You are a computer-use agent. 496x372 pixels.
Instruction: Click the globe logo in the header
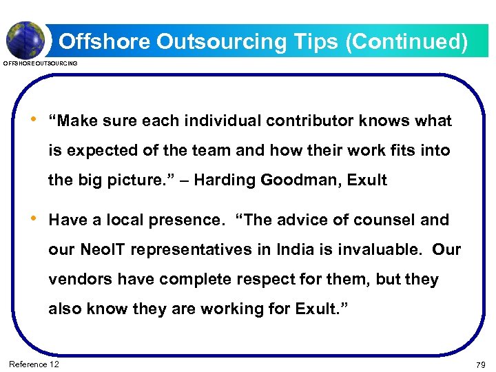tap(26, 39)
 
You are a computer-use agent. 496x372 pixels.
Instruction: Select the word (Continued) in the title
tap(406, 42)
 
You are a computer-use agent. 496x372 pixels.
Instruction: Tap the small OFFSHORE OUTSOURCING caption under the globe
tap(41, 63)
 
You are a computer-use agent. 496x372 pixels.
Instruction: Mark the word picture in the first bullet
tap(135, 180)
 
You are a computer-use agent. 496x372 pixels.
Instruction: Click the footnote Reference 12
tap(34, 364)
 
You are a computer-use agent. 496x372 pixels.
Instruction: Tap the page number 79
tap(480, 364)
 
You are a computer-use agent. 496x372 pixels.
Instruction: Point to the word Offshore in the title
tap(104, 42)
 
